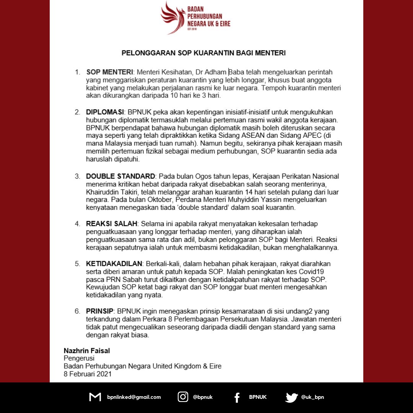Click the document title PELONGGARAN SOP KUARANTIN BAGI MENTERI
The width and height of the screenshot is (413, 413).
click(203, 53)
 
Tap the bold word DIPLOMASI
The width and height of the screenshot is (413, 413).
click(105, 112)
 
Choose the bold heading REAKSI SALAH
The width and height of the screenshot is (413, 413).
click(111, 223)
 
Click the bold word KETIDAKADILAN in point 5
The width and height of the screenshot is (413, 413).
click(114, 264)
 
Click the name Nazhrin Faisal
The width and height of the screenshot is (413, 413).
click(87, 350)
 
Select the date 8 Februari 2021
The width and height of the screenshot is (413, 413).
click(88, 374)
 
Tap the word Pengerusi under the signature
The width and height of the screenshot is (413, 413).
click(79, 358)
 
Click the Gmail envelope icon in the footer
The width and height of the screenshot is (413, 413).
click(95, 397)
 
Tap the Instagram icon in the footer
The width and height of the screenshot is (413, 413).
click(183, 397)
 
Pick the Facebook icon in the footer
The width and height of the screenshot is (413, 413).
click(237, 397)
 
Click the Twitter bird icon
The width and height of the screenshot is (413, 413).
click(291, 397)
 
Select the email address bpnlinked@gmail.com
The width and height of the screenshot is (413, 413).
click(134, 397)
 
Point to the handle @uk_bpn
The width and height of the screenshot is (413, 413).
click(312, 397)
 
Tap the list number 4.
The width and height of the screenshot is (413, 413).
click(77, 223)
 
